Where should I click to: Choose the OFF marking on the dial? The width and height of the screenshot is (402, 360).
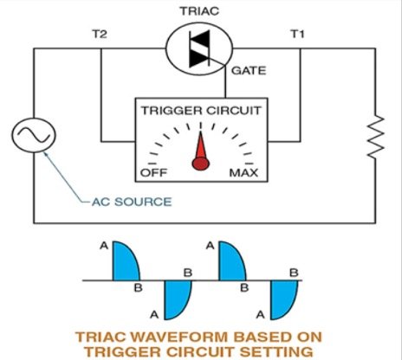tap(152, 173)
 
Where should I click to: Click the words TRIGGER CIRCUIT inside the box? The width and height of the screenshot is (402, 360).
tap(200, 111)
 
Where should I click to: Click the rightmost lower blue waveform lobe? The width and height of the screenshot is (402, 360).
tap(283, 299)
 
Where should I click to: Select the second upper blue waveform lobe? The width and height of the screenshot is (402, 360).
tap(230, 261)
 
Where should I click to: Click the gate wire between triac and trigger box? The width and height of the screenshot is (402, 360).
tap(228, 86)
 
